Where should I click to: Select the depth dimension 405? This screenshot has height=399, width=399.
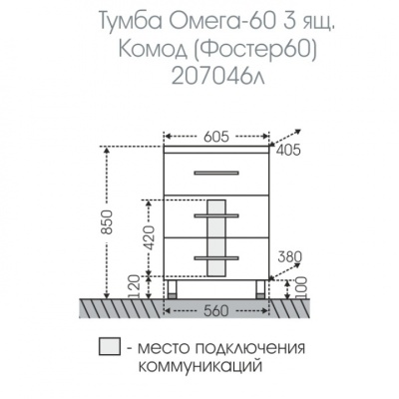coord(287,152)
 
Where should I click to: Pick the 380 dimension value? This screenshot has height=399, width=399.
coord(290,255)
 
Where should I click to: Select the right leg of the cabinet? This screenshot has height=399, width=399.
coord(260,290)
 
